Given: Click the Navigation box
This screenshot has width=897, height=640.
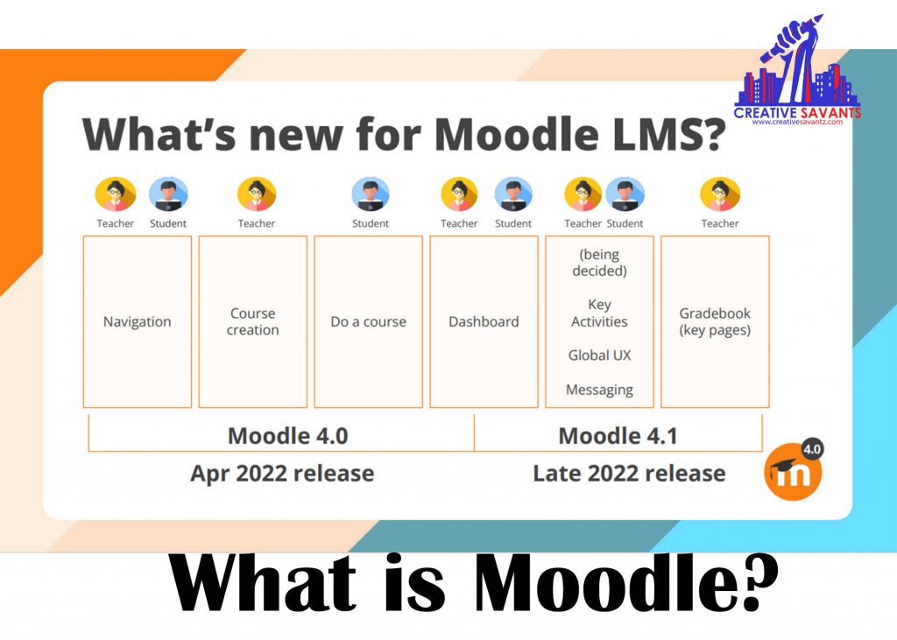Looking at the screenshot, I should pyautogui.click(x=138, y=321).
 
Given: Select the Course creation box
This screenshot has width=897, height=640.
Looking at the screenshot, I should pyautogui.click(x=253, y=321).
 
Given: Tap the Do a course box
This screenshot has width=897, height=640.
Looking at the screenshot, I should pyautogui.click(x=369, y=321).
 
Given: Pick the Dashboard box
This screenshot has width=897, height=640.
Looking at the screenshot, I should pyautogui.click(x=484, y=321).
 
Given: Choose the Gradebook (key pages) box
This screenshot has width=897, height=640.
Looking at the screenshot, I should pyautogui.click(x=715, y=321).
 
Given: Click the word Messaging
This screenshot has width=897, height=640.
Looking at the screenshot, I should pyautogui.click(x=599, y=390).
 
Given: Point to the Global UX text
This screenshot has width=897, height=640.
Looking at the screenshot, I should pyautogui.click(x=599, y=355).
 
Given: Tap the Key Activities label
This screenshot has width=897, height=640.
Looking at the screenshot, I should pyautogui.click(x=599, y=313).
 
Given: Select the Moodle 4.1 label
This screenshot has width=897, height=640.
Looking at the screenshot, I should pyautogui.click(x=618, y=435).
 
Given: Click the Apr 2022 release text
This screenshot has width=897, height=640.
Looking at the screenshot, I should pyautogui.click(x=282, y=474).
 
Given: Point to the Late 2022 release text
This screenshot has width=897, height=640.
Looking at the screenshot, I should pyautogui.click(x=629, y=474).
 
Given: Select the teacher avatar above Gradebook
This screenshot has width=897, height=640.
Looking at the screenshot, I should pyautogui.click(x=720, y=194).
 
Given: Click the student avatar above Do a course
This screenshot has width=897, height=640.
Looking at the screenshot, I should pyautogui.click(x=371, y=194).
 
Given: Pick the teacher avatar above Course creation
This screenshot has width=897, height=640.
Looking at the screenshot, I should pyautogui.click(x=257, y=194).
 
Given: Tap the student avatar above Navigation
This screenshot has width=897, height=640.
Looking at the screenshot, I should pyautogui.click(x=168, y=194).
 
